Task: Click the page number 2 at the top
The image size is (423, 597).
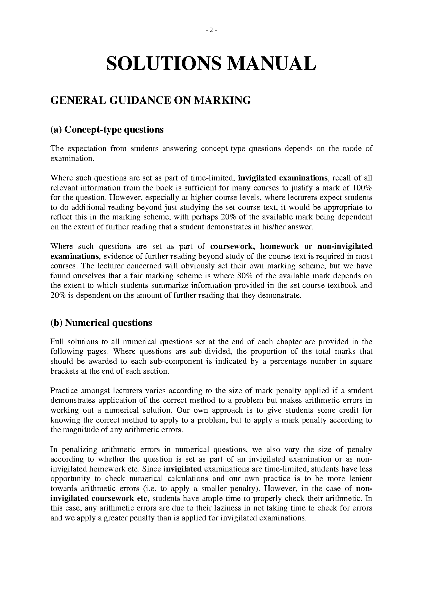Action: pos(211,30)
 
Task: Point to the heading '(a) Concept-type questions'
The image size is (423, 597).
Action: pos(107,130)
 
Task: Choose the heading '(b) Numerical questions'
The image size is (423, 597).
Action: pos(101,323)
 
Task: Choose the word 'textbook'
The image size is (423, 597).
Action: pos(343,285)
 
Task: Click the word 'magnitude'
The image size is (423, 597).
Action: pos(81,430)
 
